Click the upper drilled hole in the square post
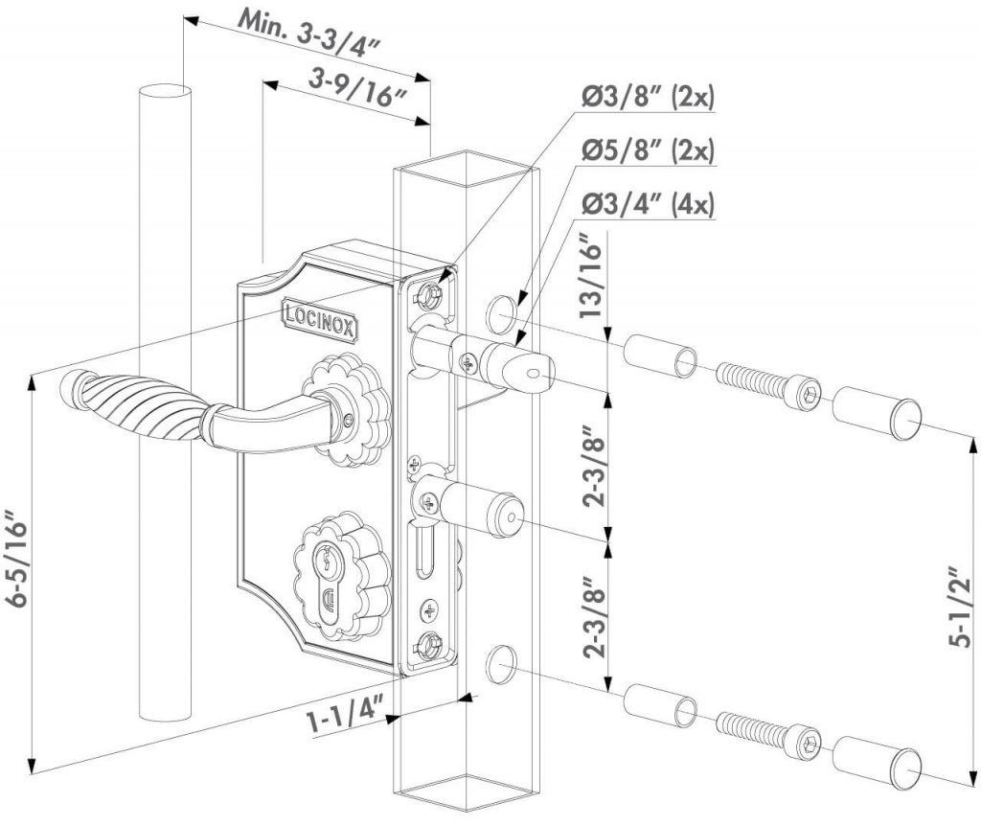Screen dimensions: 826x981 501,313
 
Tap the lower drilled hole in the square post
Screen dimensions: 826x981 501,663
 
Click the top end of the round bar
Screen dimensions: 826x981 164,91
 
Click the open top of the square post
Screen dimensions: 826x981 467,171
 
